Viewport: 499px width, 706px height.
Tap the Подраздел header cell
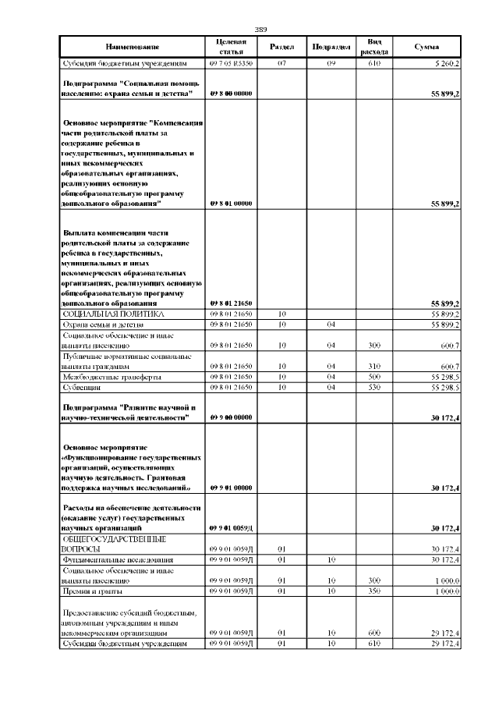click(330, 47)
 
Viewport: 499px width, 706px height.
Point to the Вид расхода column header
click(373, 47)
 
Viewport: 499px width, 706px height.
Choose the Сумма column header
click(426, 47)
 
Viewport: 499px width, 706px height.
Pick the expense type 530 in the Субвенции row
click(373, 386)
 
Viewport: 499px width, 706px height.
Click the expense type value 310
click(373, 365)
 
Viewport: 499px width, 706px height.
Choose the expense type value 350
click(373, 591)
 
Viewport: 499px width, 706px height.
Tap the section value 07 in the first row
click(281, 63)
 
